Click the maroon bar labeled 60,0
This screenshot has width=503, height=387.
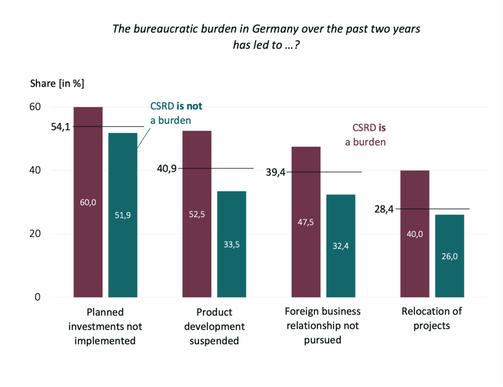point(88,202)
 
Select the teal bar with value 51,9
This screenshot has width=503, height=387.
point(123,215)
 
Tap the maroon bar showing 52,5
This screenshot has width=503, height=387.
point(197,214)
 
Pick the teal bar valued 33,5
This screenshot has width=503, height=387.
point(231,244)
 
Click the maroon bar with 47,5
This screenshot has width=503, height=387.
point(306,221)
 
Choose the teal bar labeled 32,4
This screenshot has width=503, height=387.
point(340,246)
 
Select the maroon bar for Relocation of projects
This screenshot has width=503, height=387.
point(415,234)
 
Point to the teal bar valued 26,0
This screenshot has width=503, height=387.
point(449,256)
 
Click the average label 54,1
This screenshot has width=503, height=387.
point(60,127)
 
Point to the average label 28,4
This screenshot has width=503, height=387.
point(384,209)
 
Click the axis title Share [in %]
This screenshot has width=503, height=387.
point(57,83)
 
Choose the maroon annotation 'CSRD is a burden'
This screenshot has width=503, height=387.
point(369,135)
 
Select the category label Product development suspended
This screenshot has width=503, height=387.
point(214,326)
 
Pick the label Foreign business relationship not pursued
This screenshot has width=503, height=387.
point(323,326)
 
